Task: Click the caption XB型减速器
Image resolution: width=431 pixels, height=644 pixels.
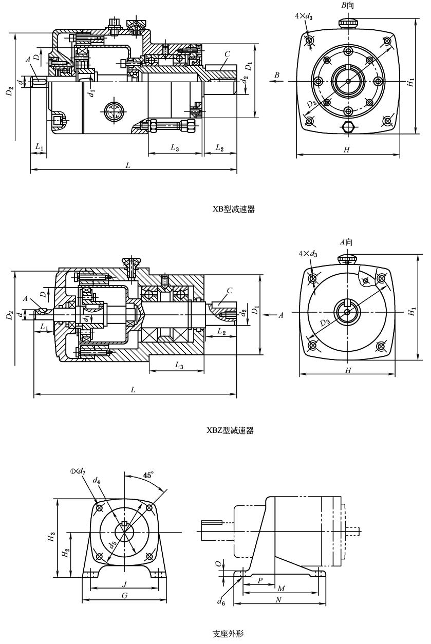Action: [234, 209]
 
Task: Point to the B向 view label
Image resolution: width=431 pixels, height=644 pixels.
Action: [348, 6]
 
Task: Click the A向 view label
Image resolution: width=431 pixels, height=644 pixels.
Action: [347, 242]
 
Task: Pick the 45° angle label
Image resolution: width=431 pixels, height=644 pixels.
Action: [148, 476]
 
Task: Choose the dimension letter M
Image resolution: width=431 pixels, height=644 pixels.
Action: [281, 588]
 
